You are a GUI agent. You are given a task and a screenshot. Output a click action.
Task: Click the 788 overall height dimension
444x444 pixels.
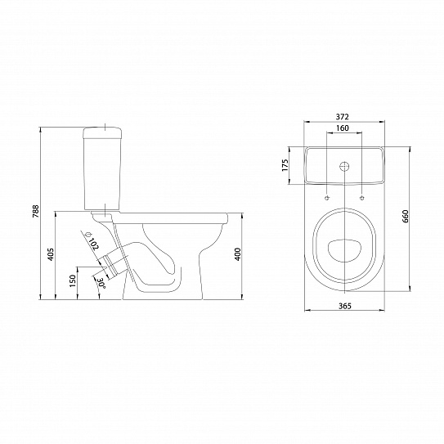(36, 211)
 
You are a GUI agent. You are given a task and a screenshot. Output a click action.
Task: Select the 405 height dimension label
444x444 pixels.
(51, 254)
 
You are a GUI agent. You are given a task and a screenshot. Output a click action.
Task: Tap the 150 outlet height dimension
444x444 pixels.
(73, 281)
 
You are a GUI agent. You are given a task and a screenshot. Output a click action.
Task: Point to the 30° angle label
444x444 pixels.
(101, 284)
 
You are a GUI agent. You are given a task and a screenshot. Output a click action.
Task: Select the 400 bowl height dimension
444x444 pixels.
(238, 254)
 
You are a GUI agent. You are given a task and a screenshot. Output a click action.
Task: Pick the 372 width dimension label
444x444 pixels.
(343, 116)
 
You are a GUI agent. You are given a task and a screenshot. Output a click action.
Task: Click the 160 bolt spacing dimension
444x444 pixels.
(343, 128)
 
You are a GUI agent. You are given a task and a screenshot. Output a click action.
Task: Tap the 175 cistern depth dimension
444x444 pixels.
(285, 165)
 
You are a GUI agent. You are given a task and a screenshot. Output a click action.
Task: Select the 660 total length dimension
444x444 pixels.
(406, 217)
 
